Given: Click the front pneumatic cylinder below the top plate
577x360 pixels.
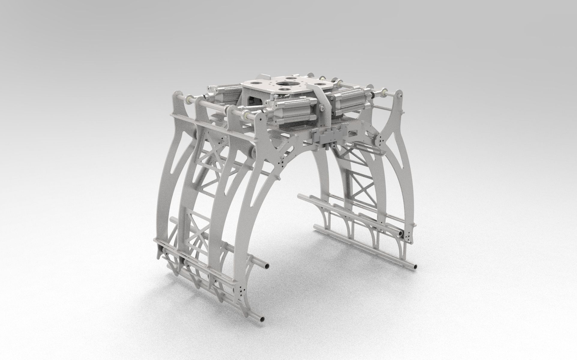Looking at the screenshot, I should coord(294,113).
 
